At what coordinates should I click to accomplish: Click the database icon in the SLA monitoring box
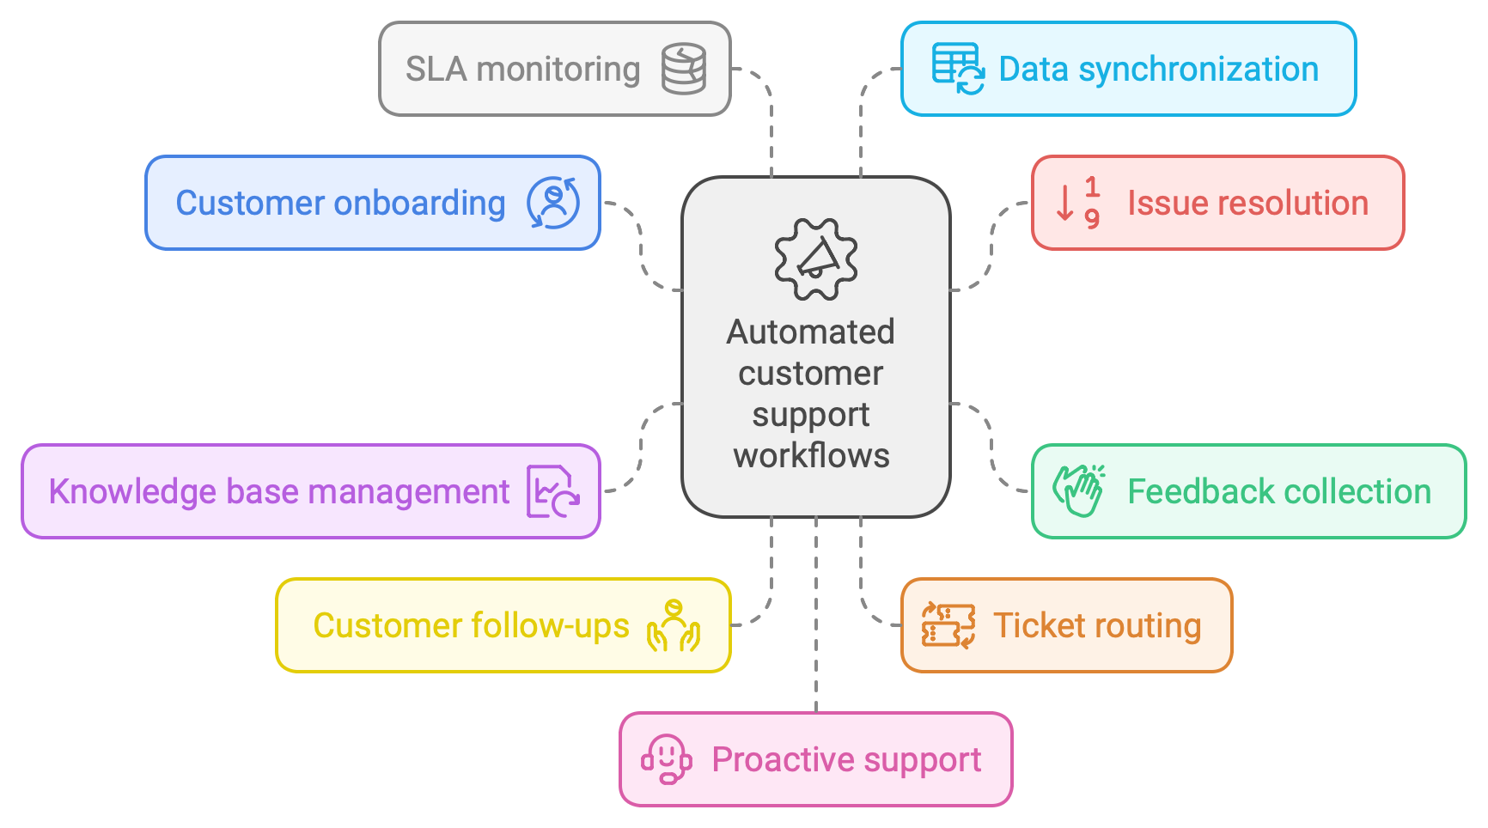coord(684,69)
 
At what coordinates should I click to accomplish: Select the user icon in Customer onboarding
coord(553,203)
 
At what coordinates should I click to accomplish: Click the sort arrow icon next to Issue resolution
coord(1078,203)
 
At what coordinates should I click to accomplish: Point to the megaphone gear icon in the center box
coord(815,259)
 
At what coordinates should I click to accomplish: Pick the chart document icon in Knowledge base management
coord(552,491)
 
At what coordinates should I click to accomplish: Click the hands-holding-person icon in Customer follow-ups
coord(674,625)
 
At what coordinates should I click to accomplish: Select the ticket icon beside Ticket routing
coord(948,625)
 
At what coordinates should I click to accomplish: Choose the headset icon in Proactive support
coord(666,759)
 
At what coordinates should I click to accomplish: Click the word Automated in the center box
coord(810,332)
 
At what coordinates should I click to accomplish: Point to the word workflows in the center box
coord(811,455)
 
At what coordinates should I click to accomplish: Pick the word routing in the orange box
coord(1146,626)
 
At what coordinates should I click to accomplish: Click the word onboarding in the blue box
coord(419,204)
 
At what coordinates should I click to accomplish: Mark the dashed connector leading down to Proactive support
coord(816,618)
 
